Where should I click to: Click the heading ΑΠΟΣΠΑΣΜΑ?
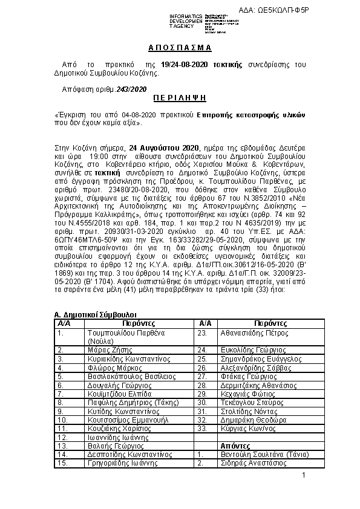click(179, 47)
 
